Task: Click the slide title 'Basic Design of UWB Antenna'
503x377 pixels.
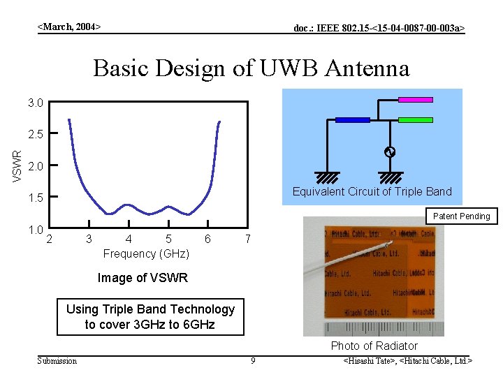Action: (x=251, y=68)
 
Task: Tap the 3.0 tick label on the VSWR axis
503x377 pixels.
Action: (x=36, y=103)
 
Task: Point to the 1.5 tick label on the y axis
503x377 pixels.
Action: (x=36, y=198)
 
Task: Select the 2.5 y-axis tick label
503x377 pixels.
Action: (x=36, y=133)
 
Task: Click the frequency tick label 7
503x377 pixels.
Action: (x=248, y=239)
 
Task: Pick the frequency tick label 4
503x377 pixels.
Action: (x=128, y=239)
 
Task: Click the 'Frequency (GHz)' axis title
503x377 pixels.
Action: (x=146, y=253)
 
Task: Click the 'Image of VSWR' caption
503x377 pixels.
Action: (x=143, y=278)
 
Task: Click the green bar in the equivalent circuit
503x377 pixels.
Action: (x=416, y=120)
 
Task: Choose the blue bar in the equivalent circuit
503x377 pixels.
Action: (x=352, y=120)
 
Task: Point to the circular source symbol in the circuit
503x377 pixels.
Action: (x=391, y=152)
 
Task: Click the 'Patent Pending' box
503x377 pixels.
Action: (x=460, y=216)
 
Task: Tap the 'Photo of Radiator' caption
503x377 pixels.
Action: (x=374, y=346)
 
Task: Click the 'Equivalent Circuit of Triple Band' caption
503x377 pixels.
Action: (x=372, y=191)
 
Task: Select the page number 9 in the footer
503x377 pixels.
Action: (x=253, y=361)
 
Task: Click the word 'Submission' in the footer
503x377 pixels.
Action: (x=57, y=361)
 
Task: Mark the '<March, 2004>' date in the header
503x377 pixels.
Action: (x=69, y=27)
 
